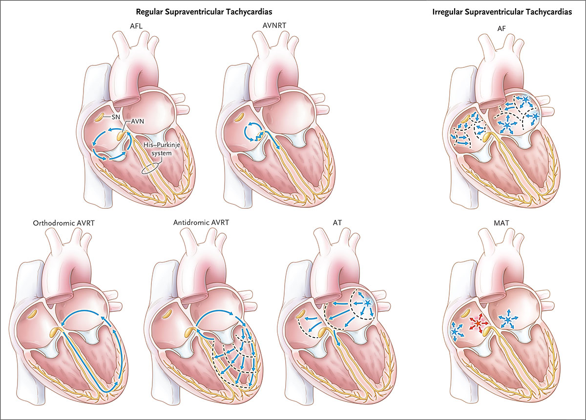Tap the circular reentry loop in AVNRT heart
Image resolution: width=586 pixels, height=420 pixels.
point(253,131)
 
